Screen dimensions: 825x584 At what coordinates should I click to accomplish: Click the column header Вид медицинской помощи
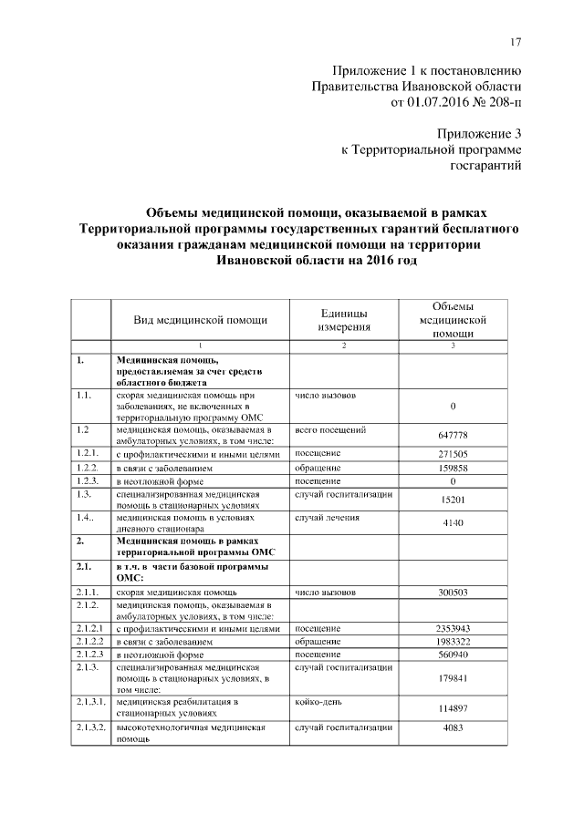click(x=200, y=320)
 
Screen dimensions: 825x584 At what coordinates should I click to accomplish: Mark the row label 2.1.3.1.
click(x=90, y=703)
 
